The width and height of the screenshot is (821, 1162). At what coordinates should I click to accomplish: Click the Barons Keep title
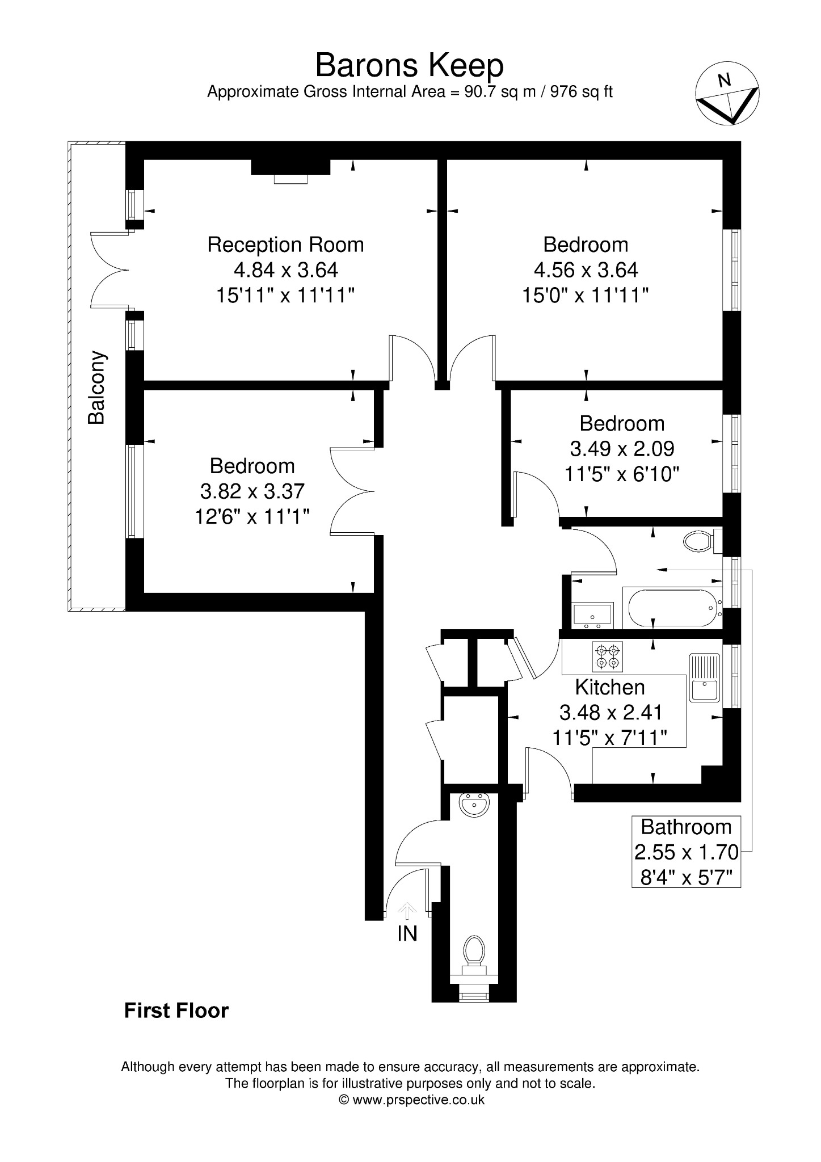pyautogui.click(x=409, y=66)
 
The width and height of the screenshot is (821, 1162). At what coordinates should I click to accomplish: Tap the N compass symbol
pyautogui.click(x=727, y=93)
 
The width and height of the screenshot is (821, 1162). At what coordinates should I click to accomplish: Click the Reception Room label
pyautogui.click(x=285, y=245)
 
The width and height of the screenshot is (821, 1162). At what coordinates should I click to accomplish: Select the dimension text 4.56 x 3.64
pyautogui.click(x=586, y=270)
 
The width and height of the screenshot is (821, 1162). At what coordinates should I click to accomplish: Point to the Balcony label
pyautogui.click(x=96, y=388)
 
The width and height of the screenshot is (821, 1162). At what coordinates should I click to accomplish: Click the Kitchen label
pyautogui.click(x=610, y=687)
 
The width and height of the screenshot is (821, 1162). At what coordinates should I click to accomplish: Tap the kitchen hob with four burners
pyautogui.click(x=608, y=656)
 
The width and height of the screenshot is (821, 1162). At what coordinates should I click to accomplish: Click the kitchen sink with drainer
pyautogui.click(x=704, y=677)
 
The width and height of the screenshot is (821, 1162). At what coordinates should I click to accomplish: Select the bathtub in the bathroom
pyautogui.click(x=673, y=608)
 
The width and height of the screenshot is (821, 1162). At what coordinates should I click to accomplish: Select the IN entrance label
pyautogui.click(x=407, y=933)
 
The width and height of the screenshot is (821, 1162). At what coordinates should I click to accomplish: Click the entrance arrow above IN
pyautogui.click(x=407, y=912)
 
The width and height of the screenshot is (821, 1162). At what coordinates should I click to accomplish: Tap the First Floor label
pyautogui.click(x=176, y=1011)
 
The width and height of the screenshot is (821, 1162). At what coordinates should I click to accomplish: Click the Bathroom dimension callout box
pyautogui.click(x=687, y=851)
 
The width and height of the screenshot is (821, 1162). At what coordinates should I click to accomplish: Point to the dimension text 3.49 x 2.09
pyautogui.click(x=622, y=449)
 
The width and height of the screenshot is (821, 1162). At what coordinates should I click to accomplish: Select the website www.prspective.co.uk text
pyautogui.click(x=419, y=1100)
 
